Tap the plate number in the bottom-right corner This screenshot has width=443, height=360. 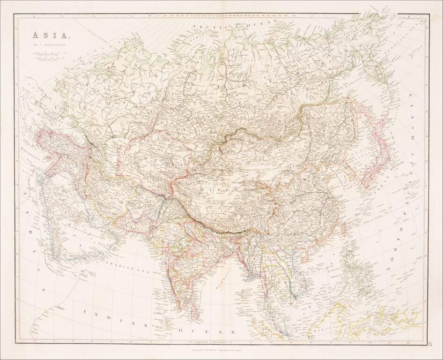[430, 345]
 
